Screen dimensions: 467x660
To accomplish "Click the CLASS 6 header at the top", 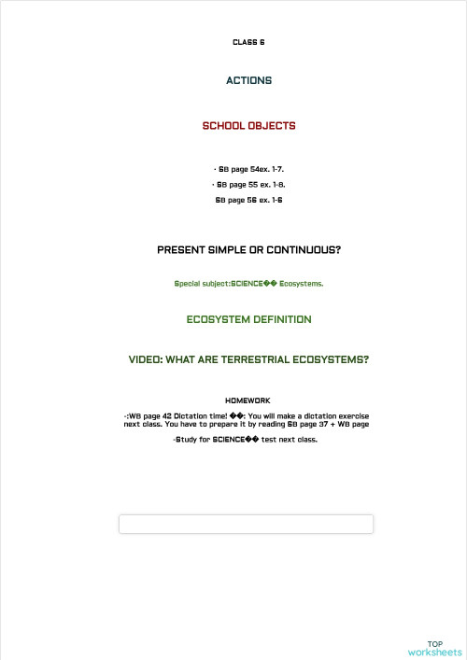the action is pos(248,42).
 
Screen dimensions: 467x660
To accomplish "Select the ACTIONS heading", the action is pos(248,80).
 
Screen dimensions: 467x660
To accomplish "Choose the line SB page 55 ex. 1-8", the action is pos(248,185).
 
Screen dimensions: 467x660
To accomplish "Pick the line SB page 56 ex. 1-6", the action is pos(248,200).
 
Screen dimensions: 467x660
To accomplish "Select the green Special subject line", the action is pos(248,283).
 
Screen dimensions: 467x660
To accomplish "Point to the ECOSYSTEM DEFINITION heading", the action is pos(248,319).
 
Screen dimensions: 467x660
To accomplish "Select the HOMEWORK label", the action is pos(248,400).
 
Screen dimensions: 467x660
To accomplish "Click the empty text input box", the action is pos(246,524).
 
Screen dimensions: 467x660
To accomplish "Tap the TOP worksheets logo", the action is pos(435,648).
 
